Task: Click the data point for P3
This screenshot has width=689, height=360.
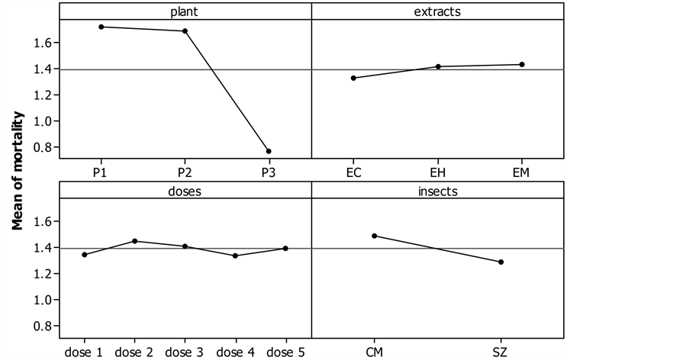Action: [269, 151]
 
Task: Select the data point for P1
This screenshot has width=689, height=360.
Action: [101, 27]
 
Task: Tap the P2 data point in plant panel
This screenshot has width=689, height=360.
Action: [185, 31]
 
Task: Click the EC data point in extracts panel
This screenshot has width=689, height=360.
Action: [354, 78]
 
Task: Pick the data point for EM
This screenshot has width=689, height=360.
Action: [522, 64]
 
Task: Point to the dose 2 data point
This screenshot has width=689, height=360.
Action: [135, 241]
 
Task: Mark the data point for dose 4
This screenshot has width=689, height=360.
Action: [235, 256]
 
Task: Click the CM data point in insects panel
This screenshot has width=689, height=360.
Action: [375, 236]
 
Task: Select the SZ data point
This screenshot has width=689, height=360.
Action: [501, 262]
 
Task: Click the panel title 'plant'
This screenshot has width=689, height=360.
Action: [185, 11]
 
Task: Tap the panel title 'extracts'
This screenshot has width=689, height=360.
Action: [438, 11]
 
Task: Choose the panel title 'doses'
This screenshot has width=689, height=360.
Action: [185, 191]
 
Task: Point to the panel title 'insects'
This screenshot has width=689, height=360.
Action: [438, 191]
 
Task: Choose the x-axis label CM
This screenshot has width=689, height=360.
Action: [375, 352]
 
